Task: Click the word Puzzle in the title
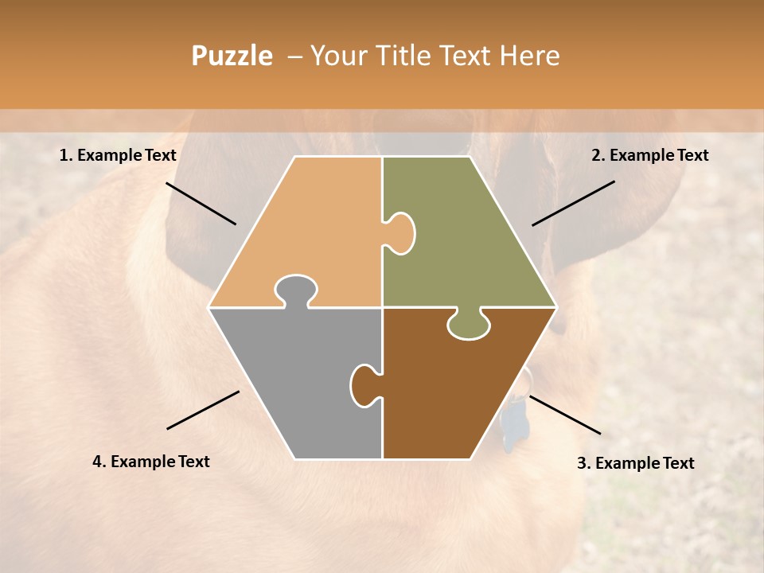click(x=232, y=56)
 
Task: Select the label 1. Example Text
click(x=118, y=156)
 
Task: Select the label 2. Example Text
click(x=649, y=156)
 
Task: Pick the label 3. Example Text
click(x=635, y=463)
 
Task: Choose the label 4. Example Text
click(x=151, y=462)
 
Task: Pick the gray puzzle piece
click(x=294, y=382)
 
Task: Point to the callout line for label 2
click(x=573, y=203)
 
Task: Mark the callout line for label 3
click(x=564, y=415)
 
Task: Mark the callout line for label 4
click(x=203, y=410)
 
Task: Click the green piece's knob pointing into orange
click(x=401, y=233)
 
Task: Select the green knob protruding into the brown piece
click(x=469, y=324)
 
